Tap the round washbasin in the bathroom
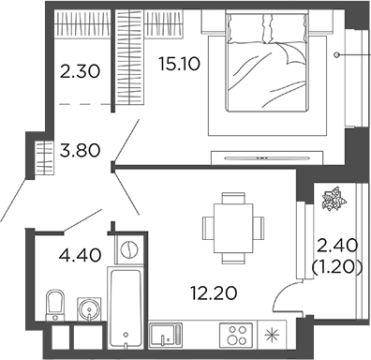89,307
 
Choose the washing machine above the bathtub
128,249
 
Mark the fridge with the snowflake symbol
275,335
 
